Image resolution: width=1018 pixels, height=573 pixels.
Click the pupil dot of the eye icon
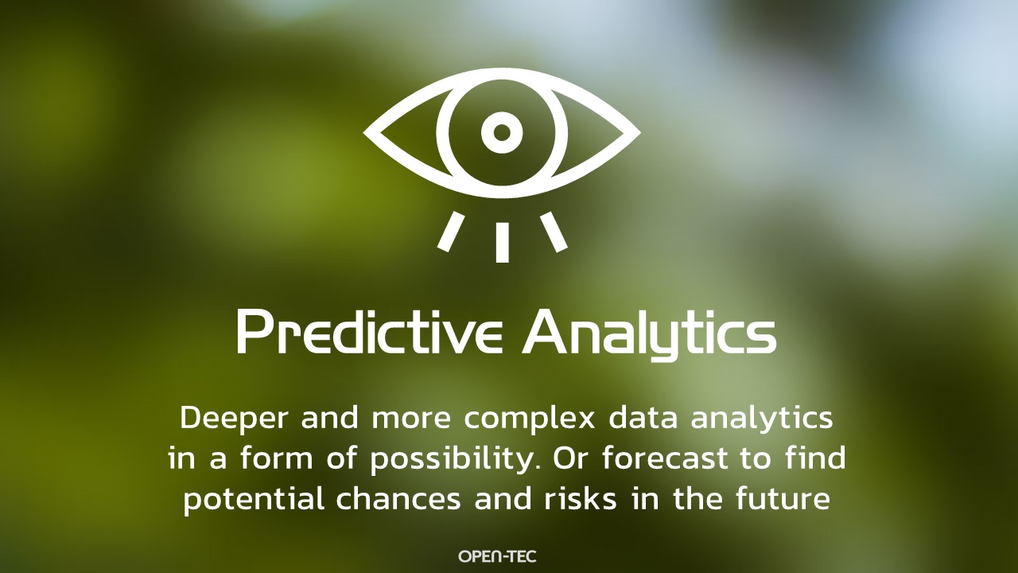pyautogui.click(x=502, y=132)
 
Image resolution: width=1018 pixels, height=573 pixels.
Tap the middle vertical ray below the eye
pyautogui.click(x=502, y=243)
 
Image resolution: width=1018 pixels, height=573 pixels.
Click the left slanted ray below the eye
pyautogui.click(x=450, y=232)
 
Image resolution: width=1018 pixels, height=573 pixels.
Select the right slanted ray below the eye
pyautogui.click(x=554, y=232)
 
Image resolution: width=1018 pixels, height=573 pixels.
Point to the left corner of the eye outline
pyautogui.click(x=363, y=133)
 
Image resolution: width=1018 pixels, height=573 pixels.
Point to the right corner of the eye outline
pyautogui.click(x=640, y=133)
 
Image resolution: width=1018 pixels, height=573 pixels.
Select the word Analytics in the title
pyautogui.click(x=649, y=335)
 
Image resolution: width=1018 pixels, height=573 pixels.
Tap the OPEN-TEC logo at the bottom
pyautogui.click(x=498, y=555)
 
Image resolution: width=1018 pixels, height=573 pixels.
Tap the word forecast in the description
pyautogui.click(x=665, y=458)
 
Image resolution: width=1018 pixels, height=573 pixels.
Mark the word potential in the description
pyautogui.click(x=254, y=500)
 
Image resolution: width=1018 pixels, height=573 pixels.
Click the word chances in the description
pyautogui.click(x=398, y=498)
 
